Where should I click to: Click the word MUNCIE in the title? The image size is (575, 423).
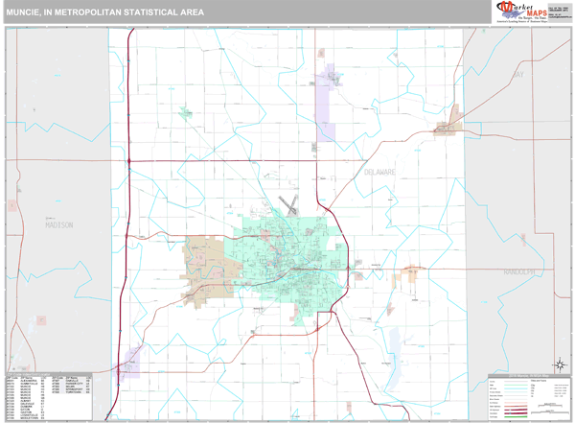click(x=26, y=12)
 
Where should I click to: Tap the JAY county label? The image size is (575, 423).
click(x=518, y=74)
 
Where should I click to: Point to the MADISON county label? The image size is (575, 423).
click(x=58, y=224)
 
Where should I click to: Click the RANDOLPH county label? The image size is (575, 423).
click(x=522, y=272)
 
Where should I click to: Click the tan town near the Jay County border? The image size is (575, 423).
click(x=448, y=128)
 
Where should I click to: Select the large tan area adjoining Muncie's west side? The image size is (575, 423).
click(x=204, y=258)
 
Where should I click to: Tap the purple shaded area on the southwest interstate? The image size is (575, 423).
click(x=128, y=362)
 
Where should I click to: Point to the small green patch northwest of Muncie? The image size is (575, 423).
click(x=184, y=113)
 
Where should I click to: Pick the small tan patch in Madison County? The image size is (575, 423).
click(x=12, y=204)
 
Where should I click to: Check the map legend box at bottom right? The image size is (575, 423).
click(x=528, y=394)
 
